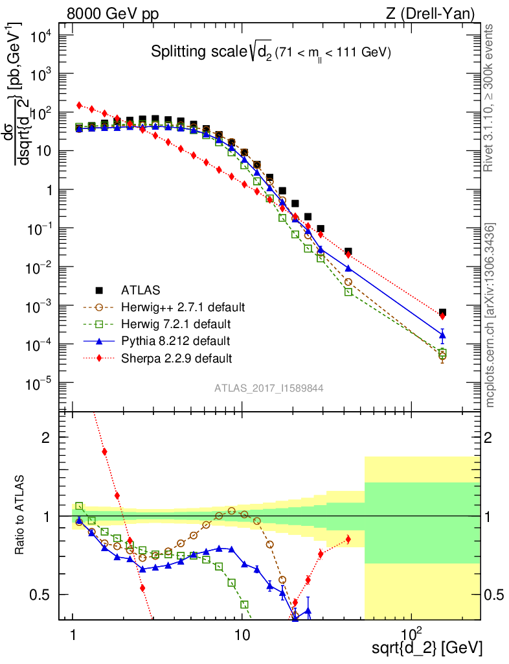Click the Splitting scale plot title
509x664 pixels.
point(271,53)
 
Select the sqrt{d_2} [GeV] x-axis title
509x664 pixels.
point(427,646)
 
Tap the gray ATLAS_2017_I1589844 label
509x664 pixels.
point(269,388)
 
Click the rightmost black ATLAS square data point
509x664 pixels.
point(442,313)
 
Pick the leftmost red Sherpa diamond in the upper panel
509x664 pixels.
point(79,105)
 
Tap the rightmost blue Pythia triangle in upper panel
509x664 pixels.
point(442,335)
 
